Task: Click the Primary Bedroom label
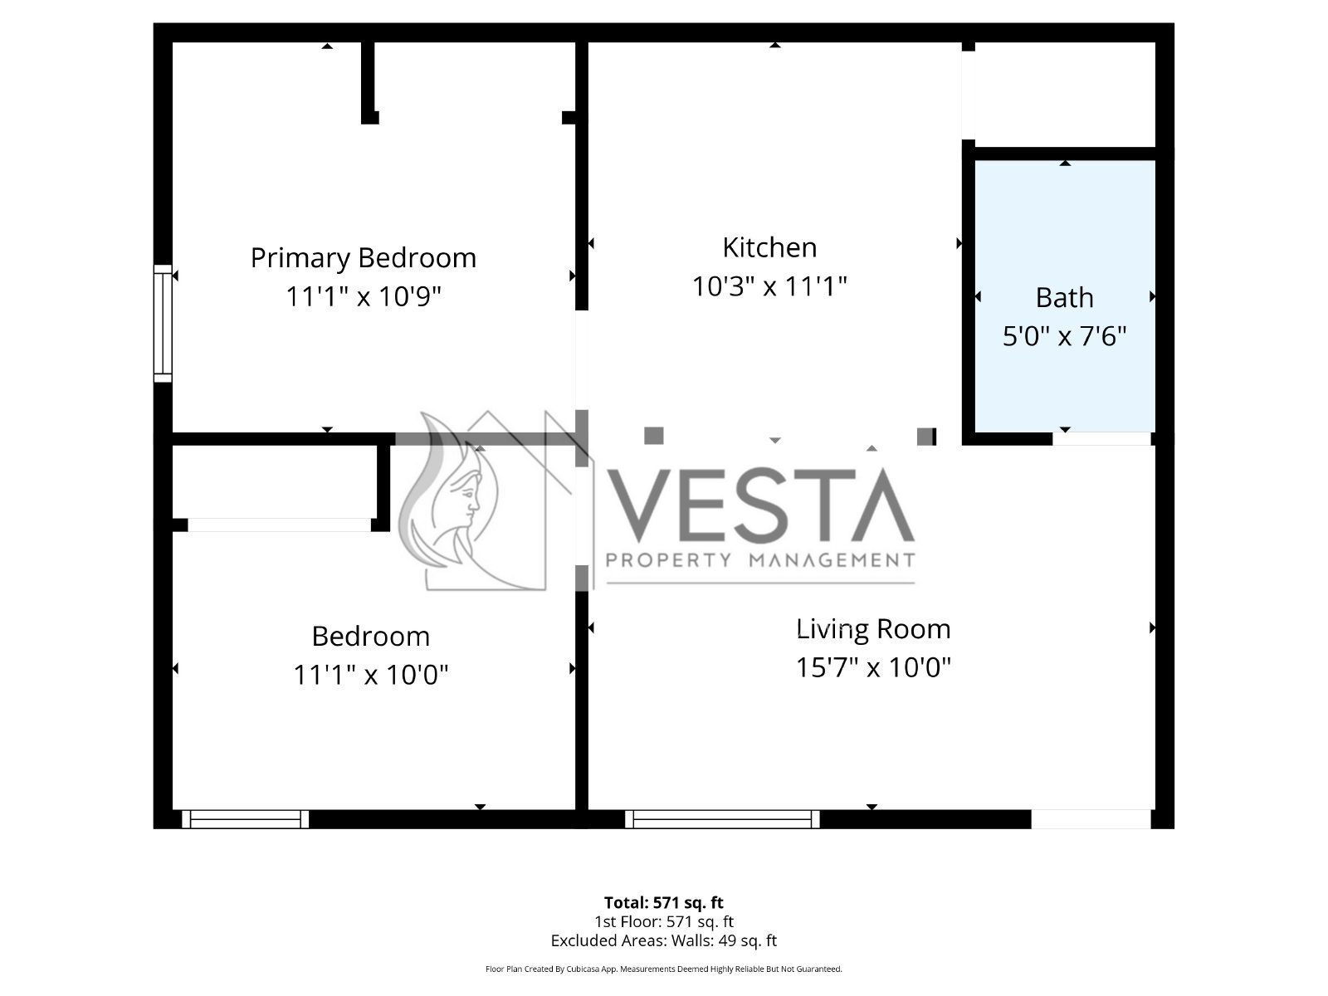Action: (363, 258)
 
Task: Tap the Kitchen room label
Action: (769, 247)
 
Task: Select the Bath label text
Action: (1064, 297)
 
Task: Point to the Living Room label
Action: (873, 629)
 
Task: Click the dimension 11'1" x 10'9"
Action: (363, 296)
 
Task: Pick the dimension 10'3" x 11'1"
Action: (769, 286)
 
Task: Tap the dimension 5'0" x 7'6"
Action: (1064, 335)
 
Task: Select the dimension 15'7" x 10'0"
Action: (873, 667)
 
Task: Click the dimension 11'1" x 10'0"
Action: (371, 674)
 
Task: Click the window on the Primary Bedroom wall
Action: (163, 324)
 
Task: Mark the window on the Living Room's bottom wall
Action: (722, 819)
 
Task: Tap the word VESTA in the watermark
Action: (760, 505)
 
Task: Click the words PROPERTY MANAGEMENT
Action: (760, 560)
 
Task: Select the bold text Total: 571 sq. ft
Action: (664, 903)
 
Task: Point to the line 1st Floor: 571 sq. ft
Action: (664, 921)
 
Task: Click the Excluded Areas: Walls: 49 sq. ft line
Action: (664, 941)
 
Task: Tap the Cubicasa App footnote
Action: (664, 969)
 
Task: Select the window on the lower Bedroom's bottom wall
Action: (246, 819)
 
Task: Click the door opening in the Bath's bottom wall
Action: (1101, 439)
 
